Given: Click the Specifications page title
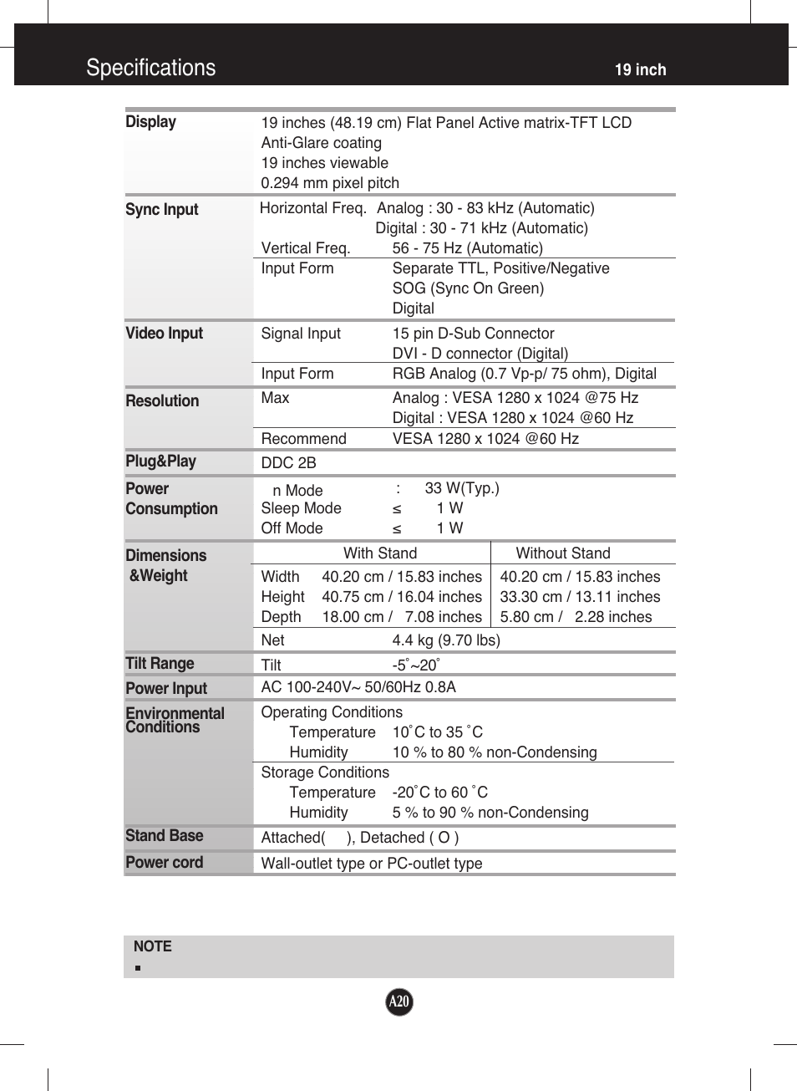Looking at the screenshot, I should pyautogui.click(x=150, y=68).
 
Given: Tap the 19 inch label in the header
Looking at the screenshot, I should pyautogui.click(x=640, y=70).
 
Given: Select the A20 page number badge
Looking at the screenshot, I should pyautogui.click(x=399, y=1002).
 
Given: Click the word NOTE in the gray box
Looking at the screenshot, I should pyautogui.click(x=152, y=946).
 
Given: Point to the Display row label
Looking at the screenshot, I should pyautogui.click(x=150, y=122).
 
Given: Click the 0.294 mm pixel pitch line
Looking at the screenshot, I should pyautogui.click(x=330, y=183).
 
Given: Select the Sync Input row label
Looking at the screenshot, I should pyautogui.click(x=161, y=210).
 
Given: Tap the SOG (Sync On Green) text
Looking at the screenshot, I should pyautogui.click(x=468, y=288).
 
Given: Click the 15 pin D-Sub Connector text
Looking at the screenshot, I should pyautogui.click(x=473, y=334).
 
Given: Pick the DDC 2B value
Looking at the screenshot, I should pyautogui.click(x=288, y=463).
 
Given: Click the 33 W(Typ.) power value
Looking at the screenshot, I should pyautogui.click(x=461, y=488).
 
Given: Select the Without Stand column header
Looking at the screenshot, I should pyautogui.click(x=562, y=553).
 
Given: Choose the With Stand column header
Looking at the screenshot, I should pyautogui.click(x=380, y=553).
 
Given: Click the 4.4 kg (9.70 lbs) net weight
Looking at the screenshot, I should pyautogui.click(x=446, y=640).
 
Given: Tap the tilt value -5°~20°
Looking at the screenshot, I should pyautogui.click(x=415, y=665).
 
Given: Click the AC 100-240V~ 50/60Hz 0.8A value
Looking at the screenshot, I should pyautogui.click(x=358, y=687).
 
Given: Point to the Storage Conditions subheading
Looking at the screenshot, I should pyautogui.click(x=325, y=772).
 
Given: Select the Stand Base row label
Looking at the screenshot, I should pyautogui.click(x=164, y=836).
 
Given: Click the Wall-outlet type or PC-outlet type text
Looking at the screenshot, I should pyautogui.click(x=372, y=864).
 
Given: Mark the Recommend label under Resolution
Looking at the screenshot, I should pyautogui.click(x=303, y=439).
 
